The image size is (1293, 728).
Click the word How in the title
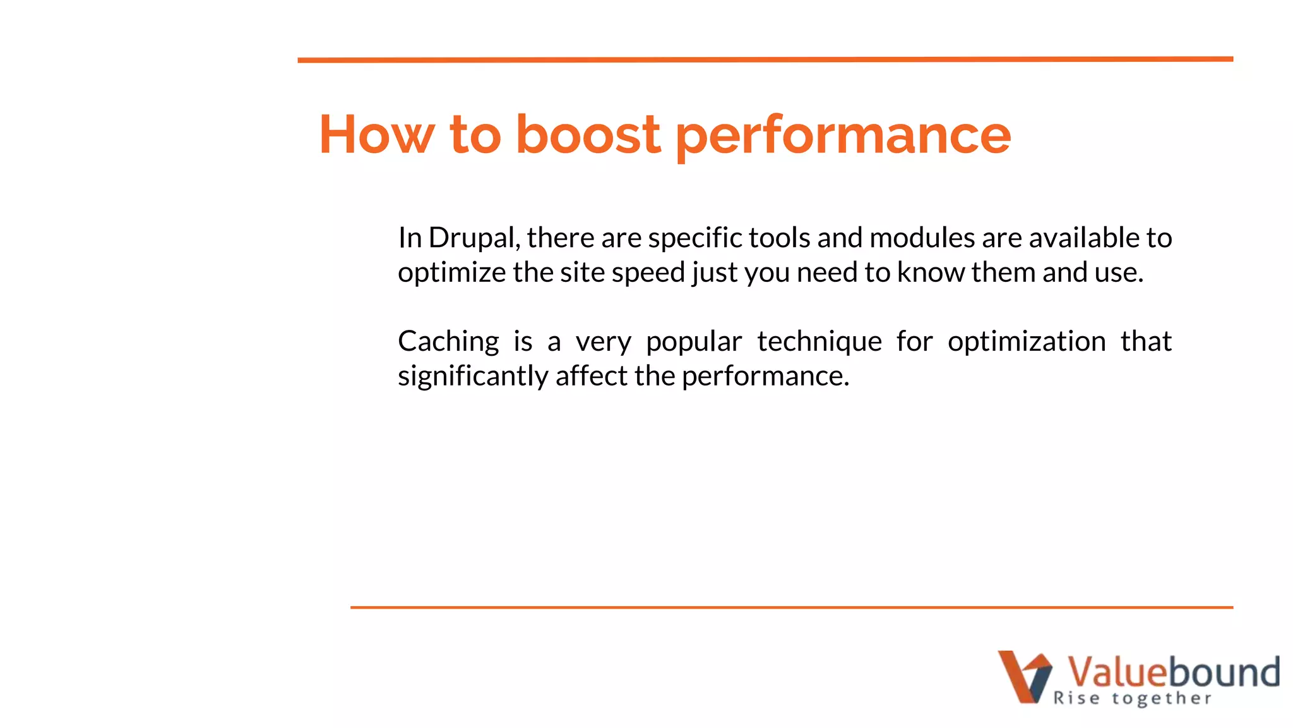coord(376,135)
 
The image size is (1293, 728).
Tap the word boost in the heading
coord(588,135)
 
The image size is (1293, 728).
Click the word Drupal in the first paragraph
coord(474,238)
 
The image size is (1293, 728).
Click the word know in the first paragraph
coord(931,273)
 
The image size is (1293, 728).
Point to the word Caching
coord(448,342)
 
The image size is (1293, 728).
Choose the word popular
coord(694,342)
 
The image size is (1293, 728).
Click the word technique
coord(819,342)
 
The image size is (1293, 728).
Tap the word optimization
coord(1027,342)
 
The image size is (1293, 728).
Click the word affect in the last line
coord(592,377)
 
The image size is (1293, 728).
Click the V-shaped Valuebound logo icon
coord(1025,676)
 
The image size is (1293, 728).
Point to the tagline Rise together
coord(1132,698)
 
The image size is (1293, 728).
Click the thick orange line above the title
coord(765,59)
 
